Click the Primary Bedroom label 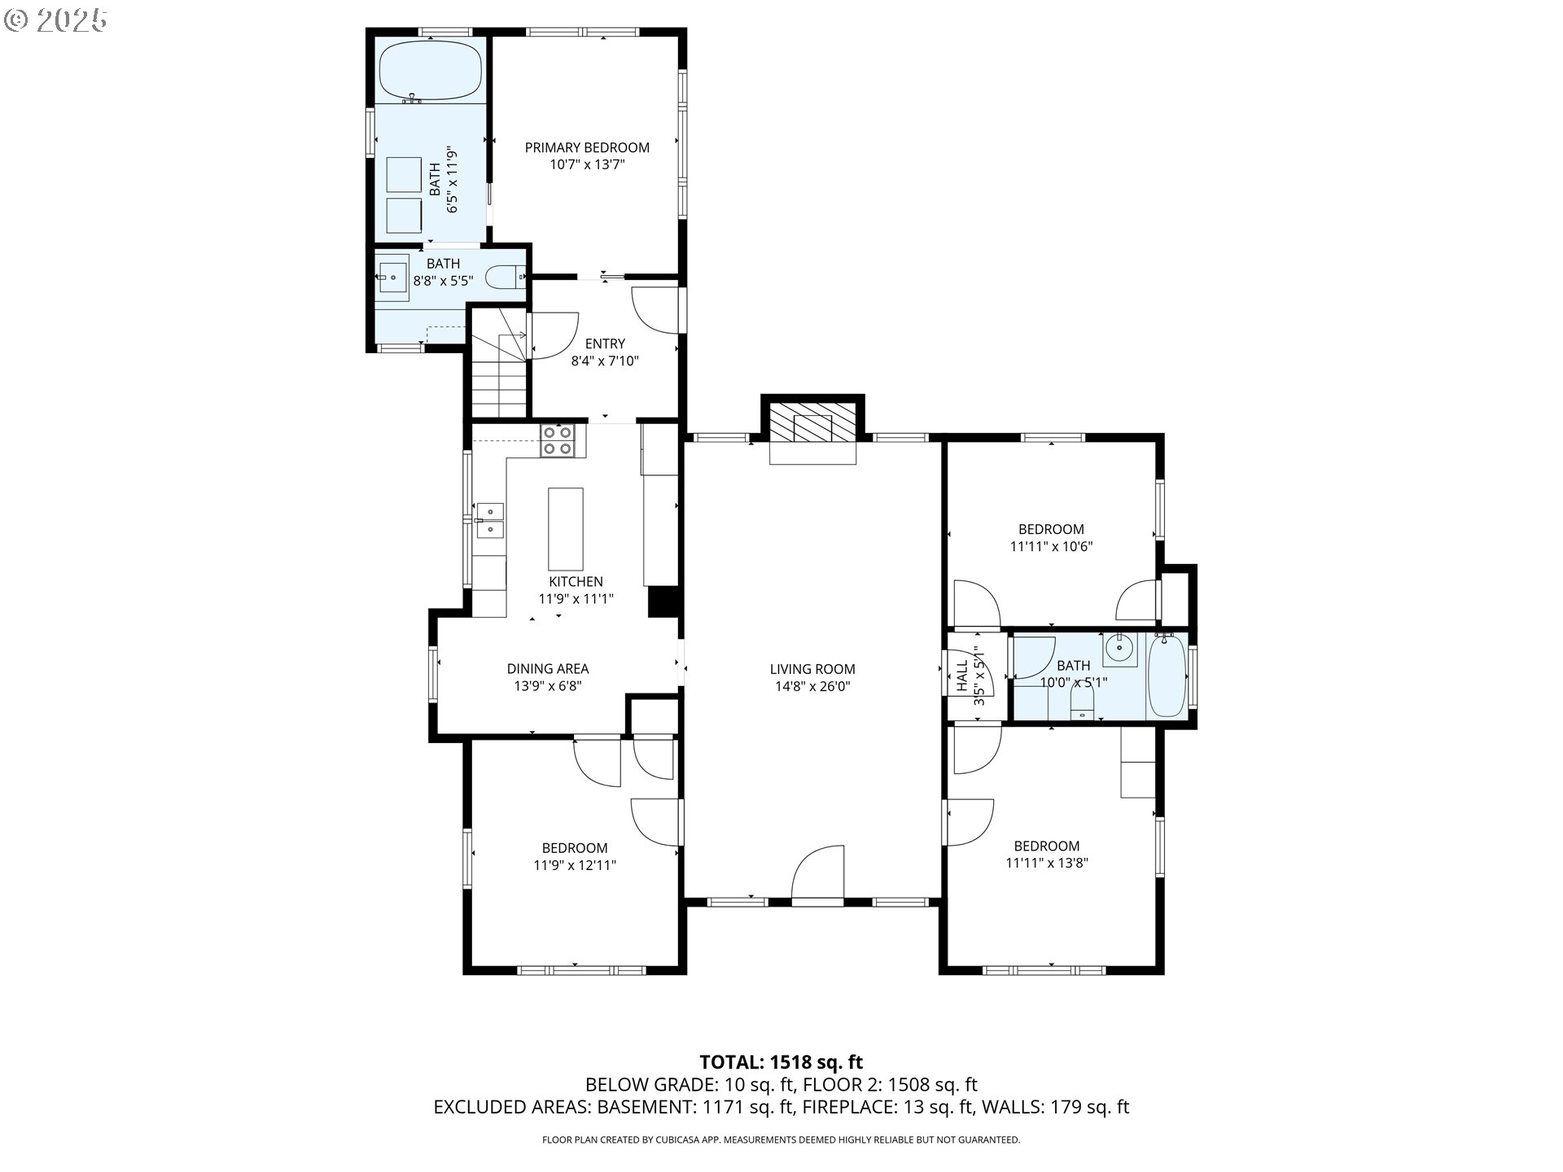click(x=587, y=147)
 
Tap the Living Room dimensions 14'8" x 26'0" click(x=812, y=686)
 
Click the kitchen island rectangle click(x=566, y=529)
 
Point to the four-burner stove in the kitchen click(x=558, y=440)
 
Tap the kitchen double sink click(x=490, y=520)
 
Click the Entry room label click(x=605, y=343)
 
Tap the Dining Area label click(x=548, y=668)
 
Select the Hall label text click(x=962, y=676)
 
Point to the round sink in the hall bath click(x=1120, y=649)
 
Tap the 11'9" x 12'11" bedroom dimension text click(x=575, y=865)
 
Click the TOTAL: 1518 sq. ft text click(x=781, y=1062)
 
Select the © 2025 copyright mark click(x=55, y=20)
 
